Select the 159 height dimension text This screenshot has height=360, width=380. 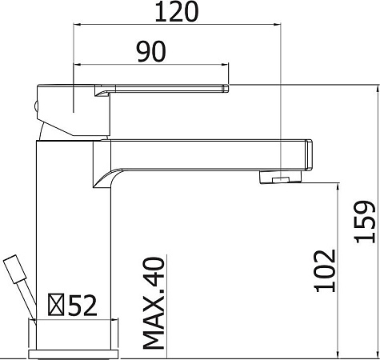tap(365, 221)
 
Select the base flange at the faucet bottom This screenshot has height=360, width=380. tap(74, 350)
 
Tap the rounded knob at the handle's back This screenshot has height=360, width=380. tap(38, 104)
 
